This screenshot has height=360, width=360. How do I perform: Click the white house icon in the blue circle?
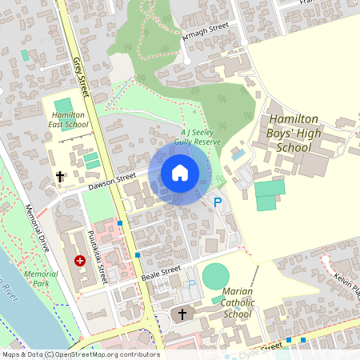(179, 173)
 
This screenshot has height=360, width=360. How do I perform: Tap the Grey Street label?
(79, 71)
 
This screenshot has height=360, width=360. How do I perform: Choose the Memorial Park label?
(41, 278)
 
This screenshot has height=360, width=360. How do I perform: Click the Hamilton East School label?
(70, 120)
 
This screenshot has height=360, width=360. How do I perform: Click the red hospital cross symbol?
(80, 260)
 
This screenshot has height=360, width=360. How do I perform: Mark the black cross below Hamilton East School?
(59, 175)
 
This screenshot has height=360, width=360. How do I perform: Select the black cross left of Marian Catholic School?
(182, 313)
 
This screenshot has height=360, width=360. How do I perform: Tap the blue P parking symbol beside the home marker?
(217, 202)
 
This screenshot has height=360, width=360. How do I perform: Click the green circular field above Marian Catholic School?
(215, 278)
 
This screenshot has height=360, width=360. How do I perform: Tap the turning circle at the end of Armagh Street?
(186, 59)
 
